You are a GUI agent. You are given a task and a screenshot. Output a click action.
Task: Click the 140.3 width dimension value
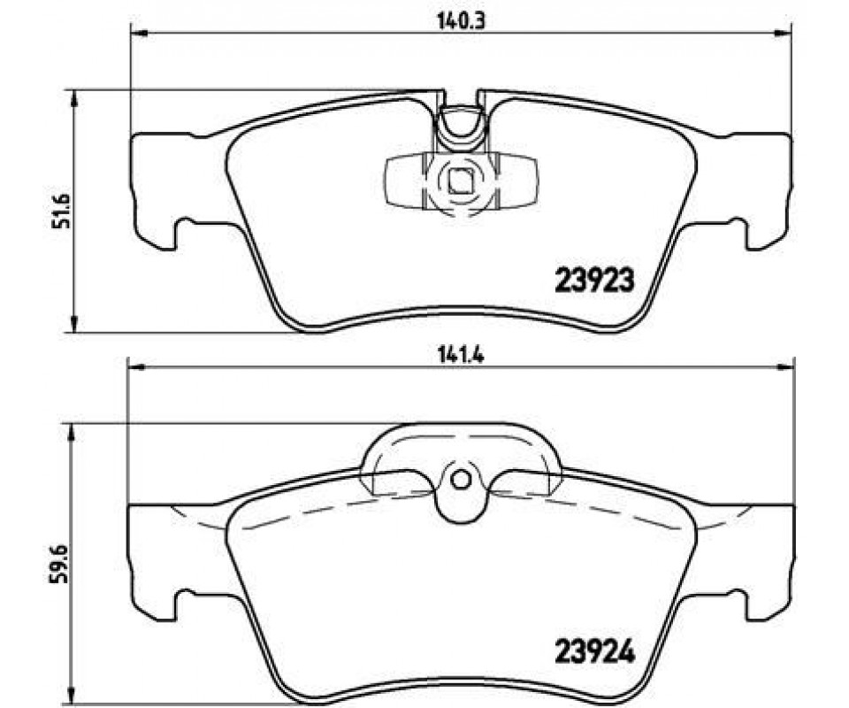coord(454,20)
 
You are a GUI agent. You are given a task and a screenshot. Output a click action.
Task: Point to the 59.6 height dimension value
coord(58,564)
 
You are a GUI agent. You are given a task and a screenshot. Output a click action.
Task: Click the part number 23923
coord(594,281)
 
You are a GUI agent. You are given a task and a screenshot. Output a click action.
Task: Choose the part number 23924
coord(594,652)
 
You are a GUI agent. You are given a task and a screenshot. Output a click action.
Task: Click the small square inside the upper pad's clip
coord(461,181)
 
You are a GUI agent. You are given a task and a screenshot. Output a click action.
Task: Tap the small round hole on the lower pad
coord(461,480)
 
